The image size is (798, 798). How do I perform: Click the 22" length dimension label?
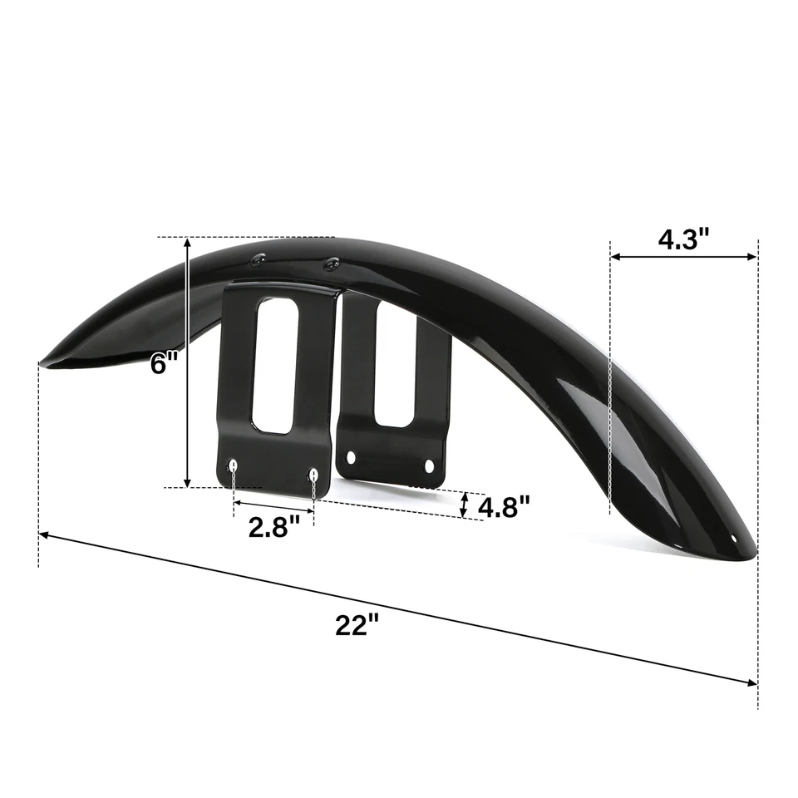[357, 625]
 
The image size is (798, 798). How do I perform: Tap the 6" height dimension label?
[163, 363]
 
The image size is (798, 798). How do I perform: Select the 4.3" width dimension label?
[683, 239]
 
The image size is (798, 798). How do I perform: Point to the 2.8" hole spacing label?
[273, 527]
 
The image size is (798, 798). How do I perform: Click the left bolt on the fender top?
[258, 261]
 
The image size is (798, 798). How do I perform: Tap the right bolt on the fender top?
[330, 264]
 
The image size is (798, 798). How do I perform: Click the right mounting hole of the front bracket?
[313, 475]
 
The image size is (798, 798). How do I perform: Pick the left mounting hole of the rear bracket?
[352, 457]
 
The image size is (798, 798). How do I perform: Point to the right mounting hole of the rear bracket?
[429, 466]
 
